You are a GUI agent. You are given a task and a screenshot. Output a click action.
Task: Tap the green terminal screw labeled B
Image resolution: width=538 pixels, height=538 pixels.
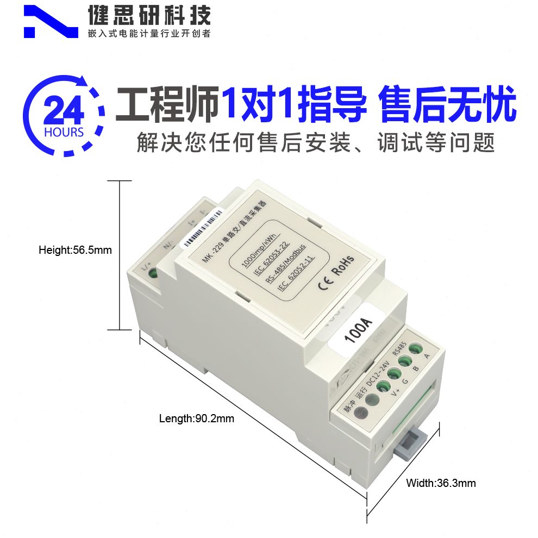[405, 361]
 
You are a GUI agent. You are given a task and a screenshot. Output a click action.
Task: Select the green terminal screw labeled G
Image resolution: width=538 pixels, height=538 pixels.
[393, 374]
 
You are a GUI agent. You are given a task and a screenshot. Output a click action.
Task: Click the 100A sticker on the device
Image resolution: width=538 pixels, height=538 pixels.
[357, 331]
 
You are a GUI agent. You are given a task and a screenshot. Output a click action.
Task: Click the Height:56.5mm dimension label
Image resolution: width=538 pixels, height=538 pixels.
[75, 251]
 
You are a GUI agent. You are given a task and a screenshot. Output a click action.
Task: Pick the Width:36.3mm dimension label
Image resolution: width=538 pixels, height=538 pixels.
[441, 483]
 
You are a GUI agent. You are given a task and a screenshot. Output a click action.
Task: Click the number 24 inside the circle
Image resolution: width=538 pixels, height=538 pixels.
[64, 112]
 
